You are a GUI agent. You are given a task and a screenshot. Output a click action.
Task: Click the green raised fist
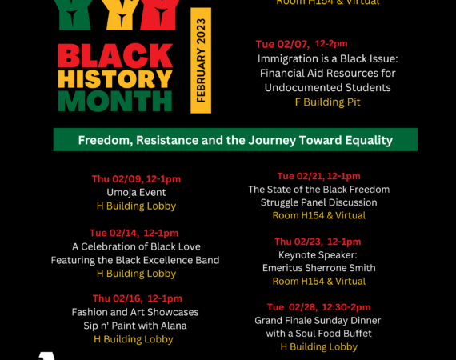click(73, 14)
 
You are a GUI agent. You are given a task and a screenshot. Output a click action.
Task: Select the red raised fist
click(159, 14)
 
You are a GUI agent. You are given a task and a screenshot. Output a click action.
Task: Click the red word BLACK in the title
click(115, 55)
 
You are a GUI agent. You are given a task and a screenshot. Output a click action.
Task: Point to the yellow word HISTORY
click(115, 79)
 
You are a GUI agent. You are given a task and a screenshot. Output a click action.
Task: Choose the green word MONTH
click(115, 101)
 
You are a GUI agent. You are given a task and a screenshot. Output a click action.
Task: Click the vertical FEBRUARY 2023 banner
click(201, 61)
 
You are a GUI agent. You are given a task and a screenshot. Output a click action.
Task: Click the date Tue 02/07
click(282, 44)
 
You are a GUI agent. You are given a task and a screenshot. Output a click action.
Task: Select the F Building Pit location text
click(328, 102)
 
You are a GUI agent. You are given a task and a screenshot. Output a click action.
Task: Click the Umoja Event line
click(136, 192)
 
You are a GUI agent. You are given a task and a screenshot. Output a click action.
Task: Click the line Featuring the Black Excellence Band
click(135, 260)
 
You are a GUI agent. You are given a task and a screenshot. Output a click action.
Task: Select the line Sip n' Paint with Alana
click(135, 326)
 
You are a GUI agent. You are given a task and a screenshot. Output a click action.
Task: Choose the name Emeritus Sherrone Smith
click(318, 268)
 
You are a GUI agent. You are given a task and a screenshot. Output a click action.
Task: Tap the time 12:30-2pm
click(346, 307)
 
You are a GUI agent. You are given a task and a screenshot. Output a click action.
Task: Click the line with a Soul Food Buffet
click(318, 334)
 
